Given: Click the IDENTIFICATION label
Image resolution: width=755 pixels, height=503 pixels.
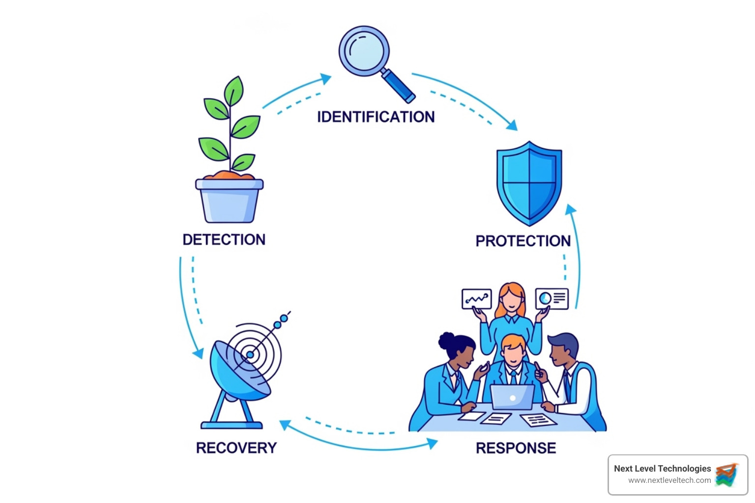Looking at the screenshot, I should coord(376,117).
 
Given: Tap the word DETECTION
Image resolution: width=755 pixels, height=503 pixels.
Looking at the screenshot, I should coord(224,240).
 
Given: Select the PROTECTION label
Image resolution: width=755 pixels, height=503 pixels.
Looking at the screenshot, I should coord(523,241).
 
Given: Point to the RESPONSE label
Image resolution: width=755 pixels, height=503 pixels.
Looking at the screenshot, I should coord(516,448).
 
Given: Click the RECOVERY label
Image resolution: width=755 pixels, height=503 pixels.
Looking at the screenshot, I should coord(236,448).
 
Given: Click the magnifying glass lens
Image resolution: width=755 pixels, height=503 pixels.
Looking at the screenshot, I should coord(364,51).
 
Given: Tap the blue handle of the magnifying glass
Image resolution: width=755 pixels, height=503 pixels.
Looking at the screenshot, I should coord(399,86).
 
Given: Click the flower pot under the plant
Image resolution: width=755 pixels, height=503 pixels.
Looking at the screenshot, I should coord(230,201).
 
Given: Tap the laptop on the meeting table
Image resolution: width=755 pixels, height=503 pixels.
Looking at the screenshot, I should coord(512,397).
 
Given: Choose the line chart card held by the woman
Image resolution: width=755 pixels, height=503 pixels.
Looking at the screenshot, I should coord(476,299).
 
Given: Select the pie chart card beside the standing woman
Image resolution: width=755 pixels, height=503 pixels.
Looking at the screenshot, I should coord(552,299).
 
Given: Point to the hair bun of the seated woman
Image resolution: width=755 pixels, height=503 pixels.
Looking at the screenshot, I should coord(447,340).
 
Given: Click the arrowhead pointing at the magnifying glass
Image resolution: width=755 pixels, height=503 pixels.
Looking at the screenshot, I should coord(325,79).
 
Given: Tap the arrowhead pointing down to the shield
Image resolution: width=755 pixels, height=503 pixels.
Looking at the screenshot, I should coord(512,125).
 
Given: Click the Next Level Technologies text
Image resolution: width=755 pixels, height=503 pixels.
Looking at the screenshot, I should coord(662,469).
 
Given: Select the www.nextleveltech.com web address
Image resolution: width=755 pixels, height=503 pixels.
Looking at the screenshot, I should coord(669,480).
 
